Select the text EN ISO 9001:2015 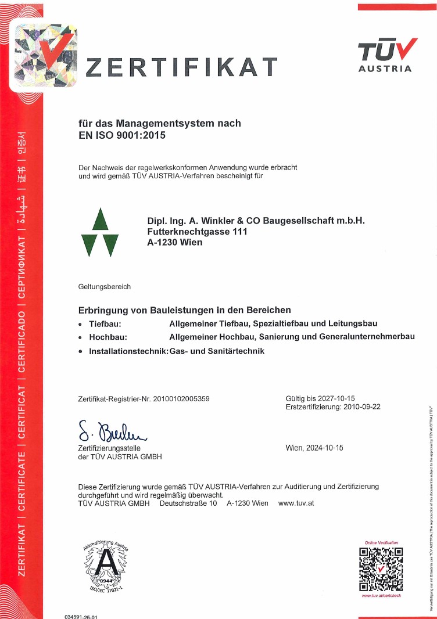click(122, 136)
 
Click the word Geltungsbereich click(105, 287)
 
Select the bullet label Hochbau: click(108, 337)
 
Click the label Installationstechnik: click(128, 351)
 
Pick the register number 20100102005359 click(181, 399)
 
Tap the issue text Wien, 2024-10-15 click(315, 448)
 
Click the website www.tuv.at click(296, 503)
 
